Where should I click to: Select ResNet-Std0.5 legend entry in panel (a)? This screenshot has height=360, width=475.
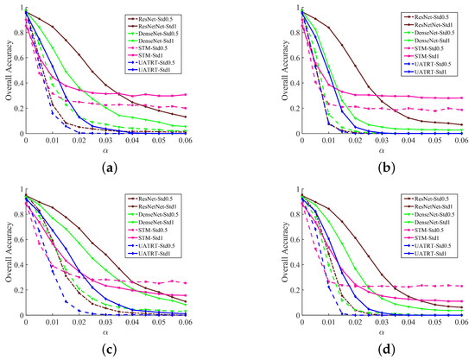pos(166,17)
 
